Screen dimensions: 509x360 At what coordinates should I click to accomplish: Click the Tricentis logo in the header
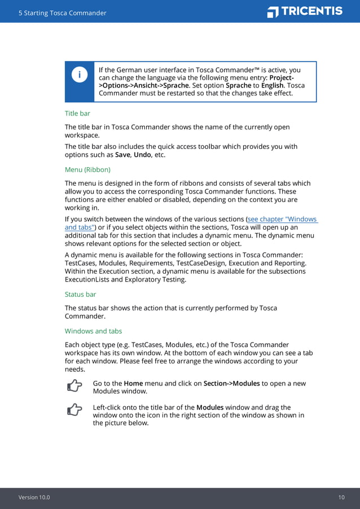[305, 11]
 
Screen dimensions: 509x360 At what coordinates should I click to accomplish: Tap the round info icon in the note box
[80, 74]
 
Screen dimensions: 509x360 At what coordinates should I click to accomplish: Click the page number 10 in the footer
[341, 497]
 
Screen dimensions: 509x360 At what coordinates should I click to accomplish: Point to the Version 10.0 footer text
[34, 497]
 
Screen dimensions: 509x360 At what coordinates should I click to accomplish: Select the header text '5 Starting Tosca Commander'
[62, 13]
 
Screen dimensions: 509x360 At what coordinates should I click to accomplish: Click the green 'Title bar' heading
[77, 113]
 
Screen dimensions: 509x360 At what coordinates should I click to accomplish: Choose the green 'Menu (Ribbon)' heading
[87, 169]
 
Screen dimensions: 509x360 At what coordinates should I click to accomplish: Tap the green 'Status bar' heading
[81, 294]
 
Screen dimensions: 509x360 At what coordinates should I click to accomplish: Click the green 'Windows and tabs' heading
[93, 331]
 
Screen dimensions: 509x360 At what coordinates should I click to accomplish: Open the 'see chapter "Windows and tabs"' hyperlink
[282, 220]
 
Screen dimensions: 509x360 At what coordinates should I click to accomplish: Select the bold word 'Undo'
[142, 155]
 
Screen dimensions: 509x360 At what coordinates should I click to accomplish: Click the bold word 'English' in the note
[272, 86]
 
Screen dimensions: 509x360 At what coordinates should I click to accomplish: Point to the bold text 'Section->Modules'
[231, 384]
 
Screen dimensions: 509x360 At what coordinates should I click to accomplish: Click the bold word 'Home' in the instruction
[133, 384]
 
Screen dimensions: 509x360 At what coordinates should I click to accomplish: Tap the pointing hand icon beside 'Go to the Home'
[74, 386]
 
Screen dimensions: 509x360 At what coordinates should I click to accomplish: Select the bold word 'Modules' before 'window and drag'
[210, 407]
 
